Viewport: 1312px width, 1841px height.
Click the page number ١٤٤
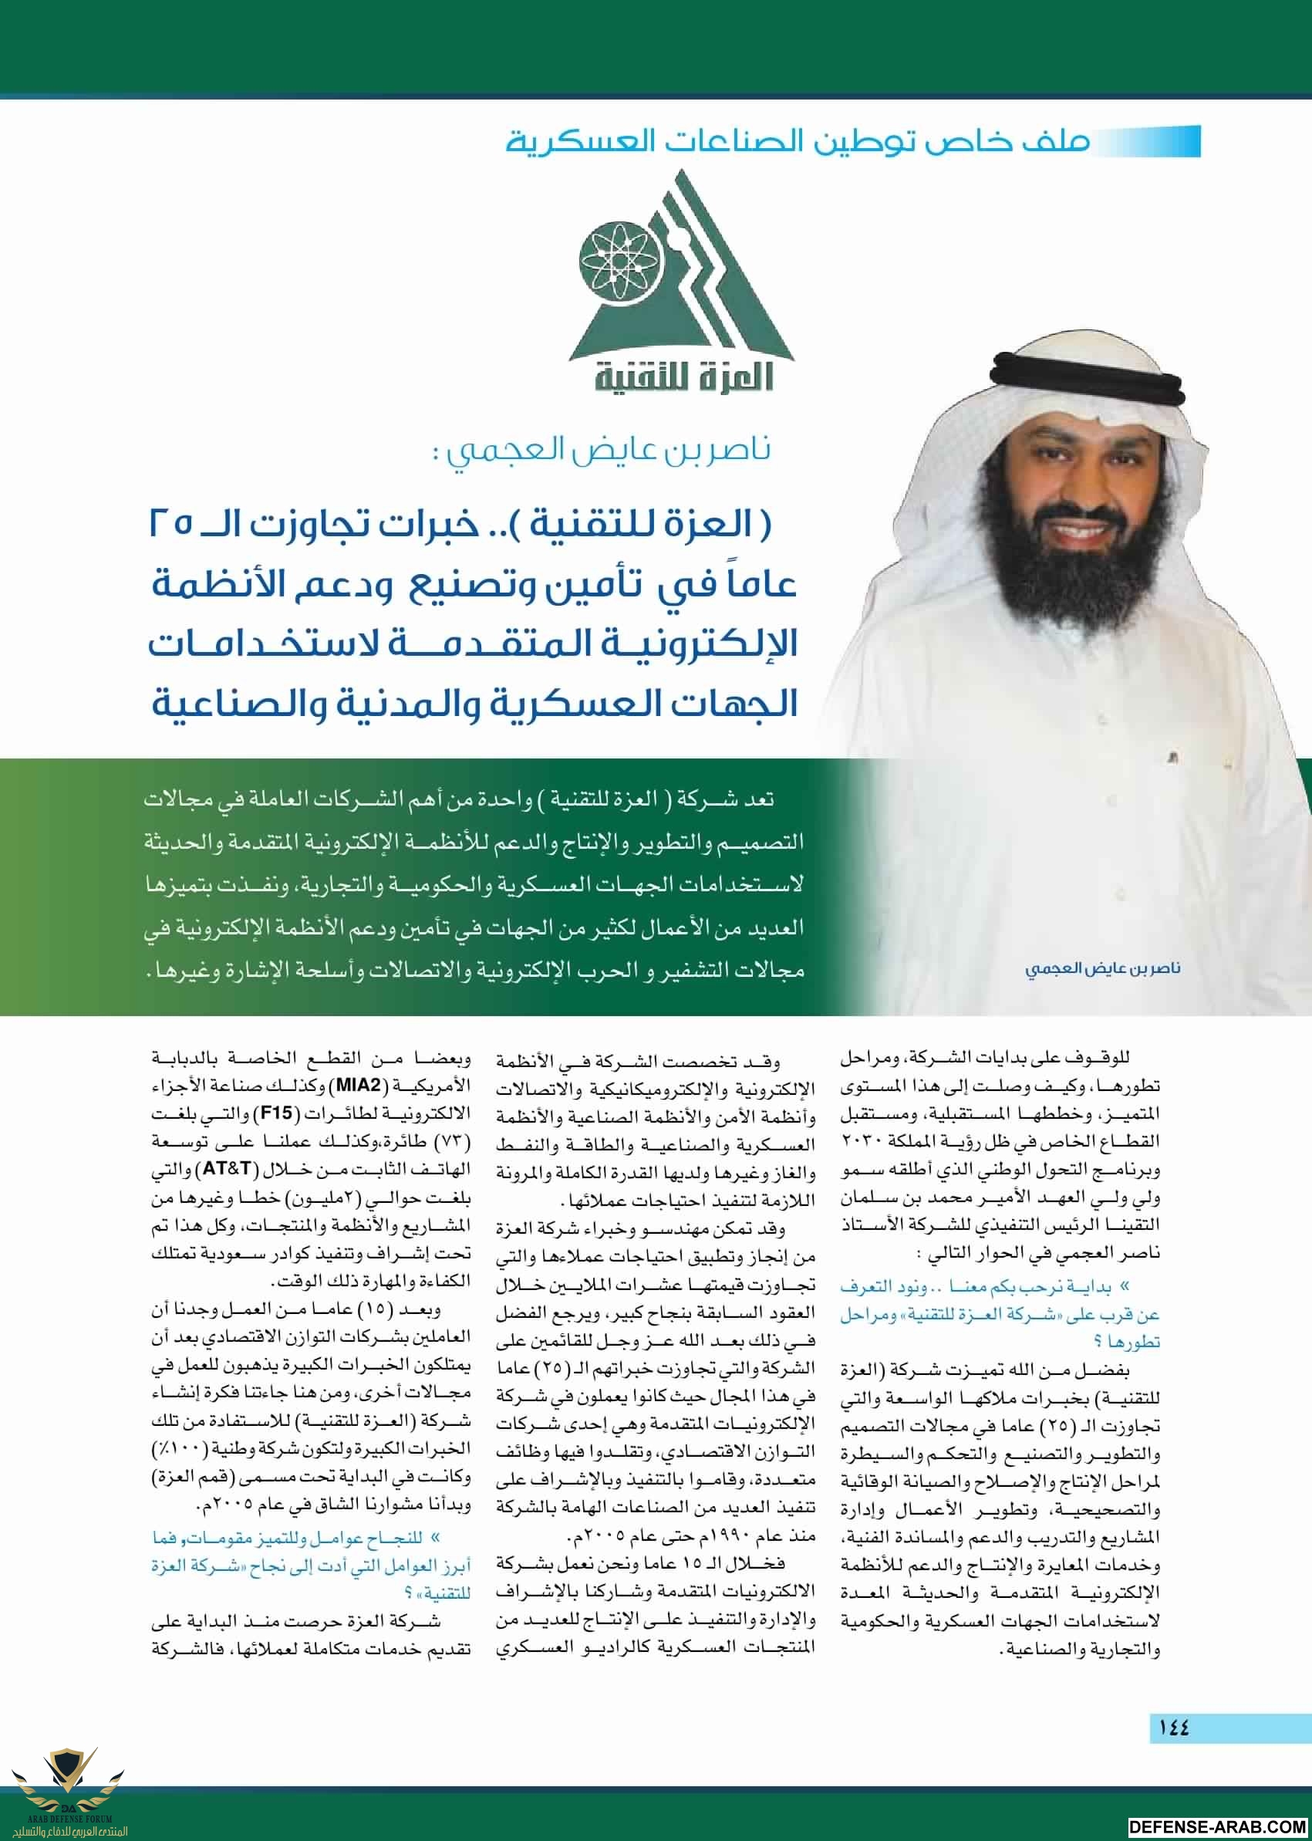pyautogui.click(x=1173, y=1727)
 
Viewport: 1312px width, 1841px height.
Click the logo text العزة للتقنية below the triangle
pyautogui.click(x=683, y=377)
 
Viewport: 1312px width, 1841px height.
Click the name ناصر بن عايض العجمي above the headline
pyautogui.click(x=602, y=449)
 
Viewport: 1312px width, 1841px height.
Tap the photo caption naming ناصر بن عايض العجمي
pyautogui.click(x=1103, y=968)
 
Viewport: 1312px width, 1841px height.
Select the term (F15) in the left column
pyautogui.click(x=275, y=1113)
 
